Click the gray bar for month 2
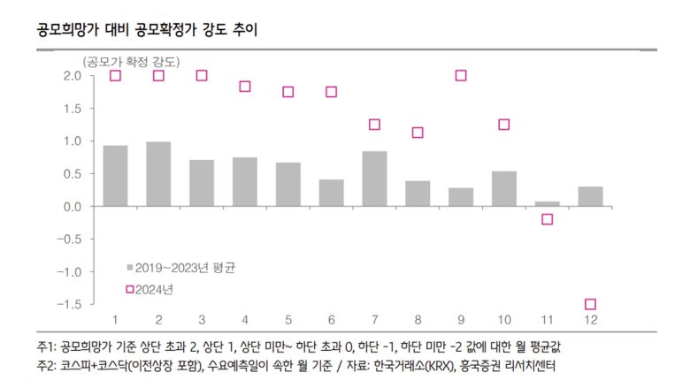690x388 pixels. (x=158, y=174)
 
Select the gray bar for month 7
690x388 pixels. (x=374, y=179)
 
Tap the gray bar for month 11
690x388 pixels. (x=547, y=203)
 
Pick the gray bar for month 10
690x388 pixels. (x=503, y=188)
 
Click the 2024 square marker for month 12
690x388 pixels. (x=590, y=304)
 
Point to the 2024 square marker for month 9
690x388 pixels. (x=461, y=76)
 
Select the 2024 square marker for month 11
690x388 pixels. (x=547, y=219)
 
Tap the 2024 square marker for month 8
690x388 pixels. (x=418, y=133)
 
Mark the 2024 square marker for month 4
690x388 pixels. (x=245, y=87)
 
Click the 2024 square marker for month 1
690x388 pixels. (x=115, y=76)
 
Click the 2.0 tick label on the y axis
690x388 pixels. (x=73, y=76)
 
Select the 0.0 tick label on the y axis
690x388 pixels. (x=73, y=206)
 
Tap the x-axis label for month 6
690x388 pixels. (x=331, y=319)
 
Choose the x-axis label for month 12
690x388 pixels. (x=590, y=319)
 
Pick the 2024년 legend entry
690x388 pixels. (x=157, y=289)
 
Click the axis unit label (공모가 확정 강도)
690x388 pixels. (x=130, y=61)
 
